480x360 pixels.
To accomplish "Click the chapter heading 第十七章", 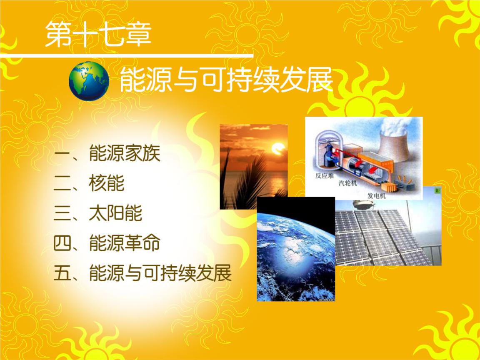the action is click(x=98, y=34).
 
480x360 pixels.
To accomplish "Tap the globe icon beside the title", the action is click(x=89, y=81).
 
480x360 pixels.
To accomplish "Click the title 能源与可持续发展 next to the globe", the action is click(x=226, y=80).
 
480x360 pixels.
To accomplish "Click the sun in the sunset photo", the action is click(x=279, y=148).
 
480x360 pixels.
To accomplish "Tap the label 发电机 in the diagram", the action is click(x=377, y=195).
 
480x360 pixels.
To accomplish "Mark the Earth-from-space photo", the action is click(x=296, y=249).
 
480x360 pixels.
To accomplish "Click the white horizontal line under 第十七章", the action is click(x=127, y=55).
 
